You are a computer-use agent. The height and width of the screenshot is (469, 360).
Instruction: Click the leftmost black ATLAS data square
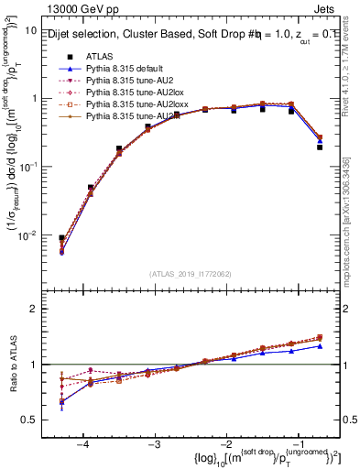(x=61, y=238)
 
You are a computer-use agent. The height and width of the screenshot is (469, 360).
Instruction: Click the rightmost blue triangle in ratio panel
(x=320, y=346)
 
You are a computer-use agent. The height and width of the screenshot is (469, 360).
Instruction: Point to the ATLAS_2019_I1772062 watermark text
(x=191, y=272)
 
